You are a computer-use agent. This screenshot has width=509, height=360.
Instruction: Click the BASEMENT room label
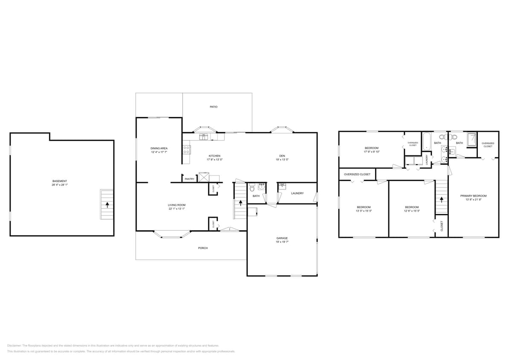pyautogui.click(x=59, y=181)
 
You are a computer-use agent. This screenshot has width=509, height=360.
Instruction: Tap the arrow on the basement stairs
pyautogui.click(x=107, y=204)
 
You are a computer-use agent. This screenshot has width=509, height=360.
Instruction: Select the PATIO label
pyautogui.click(x=213, y=107)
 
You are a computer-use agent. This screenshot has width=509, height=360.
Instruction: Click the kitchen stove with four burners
pyautogui.click(x=186, y=149)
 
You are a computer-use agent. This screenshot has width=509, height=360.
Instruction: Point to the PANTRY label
pyautogui.click(x=189, y=179)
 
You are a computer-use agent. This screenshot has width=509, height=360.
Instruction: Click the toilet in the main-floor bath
pyautogui.click(x=252, y=187)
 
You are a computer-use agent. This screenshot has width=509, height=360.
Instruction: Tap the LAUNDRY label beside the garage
pyautogui.click(x=297, y=193)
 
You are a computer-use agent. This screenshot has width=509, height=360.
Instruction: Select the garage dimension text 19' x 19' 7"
pyautogui.click(x=282, y=242)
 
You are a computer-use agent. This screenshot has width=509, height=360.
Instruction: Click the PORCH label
pyautogui.click(x=203, y=248)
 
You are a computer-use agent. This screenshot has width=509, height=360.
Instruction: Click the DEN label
pyautogui.click(x=282, y=156)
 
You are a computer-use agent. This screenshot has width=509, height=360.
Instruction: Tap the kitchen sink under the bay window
pyautogui.click(x=204, y=137)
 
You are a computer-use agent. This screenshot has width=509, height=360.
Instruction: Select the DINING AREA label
pyautogui.click(x=159, y=148)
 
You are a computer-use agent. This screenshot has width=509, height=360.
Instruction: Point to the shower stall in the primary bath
pyautogui.click(x=471, y=139)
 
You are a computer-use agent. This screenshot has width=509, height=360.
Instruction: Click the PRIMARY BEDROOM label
pyautogui.click(x=473, y=196)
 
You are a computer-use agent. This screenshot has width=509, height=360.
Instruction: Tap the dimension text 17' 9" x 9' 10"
pyautogui.click(x=371, y=151)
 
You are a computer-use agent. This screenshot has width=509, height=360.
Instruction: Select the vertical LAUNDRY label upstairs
pyautogui.click(x=427, y=159)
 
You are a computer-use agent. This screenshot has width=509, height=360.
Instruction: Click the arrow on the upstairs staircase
pyautogui.click(x=442, y=199)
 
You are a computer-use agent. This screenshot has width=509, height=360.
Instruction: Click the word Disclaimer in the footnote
pyautogui.click(x=14, y=345)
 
